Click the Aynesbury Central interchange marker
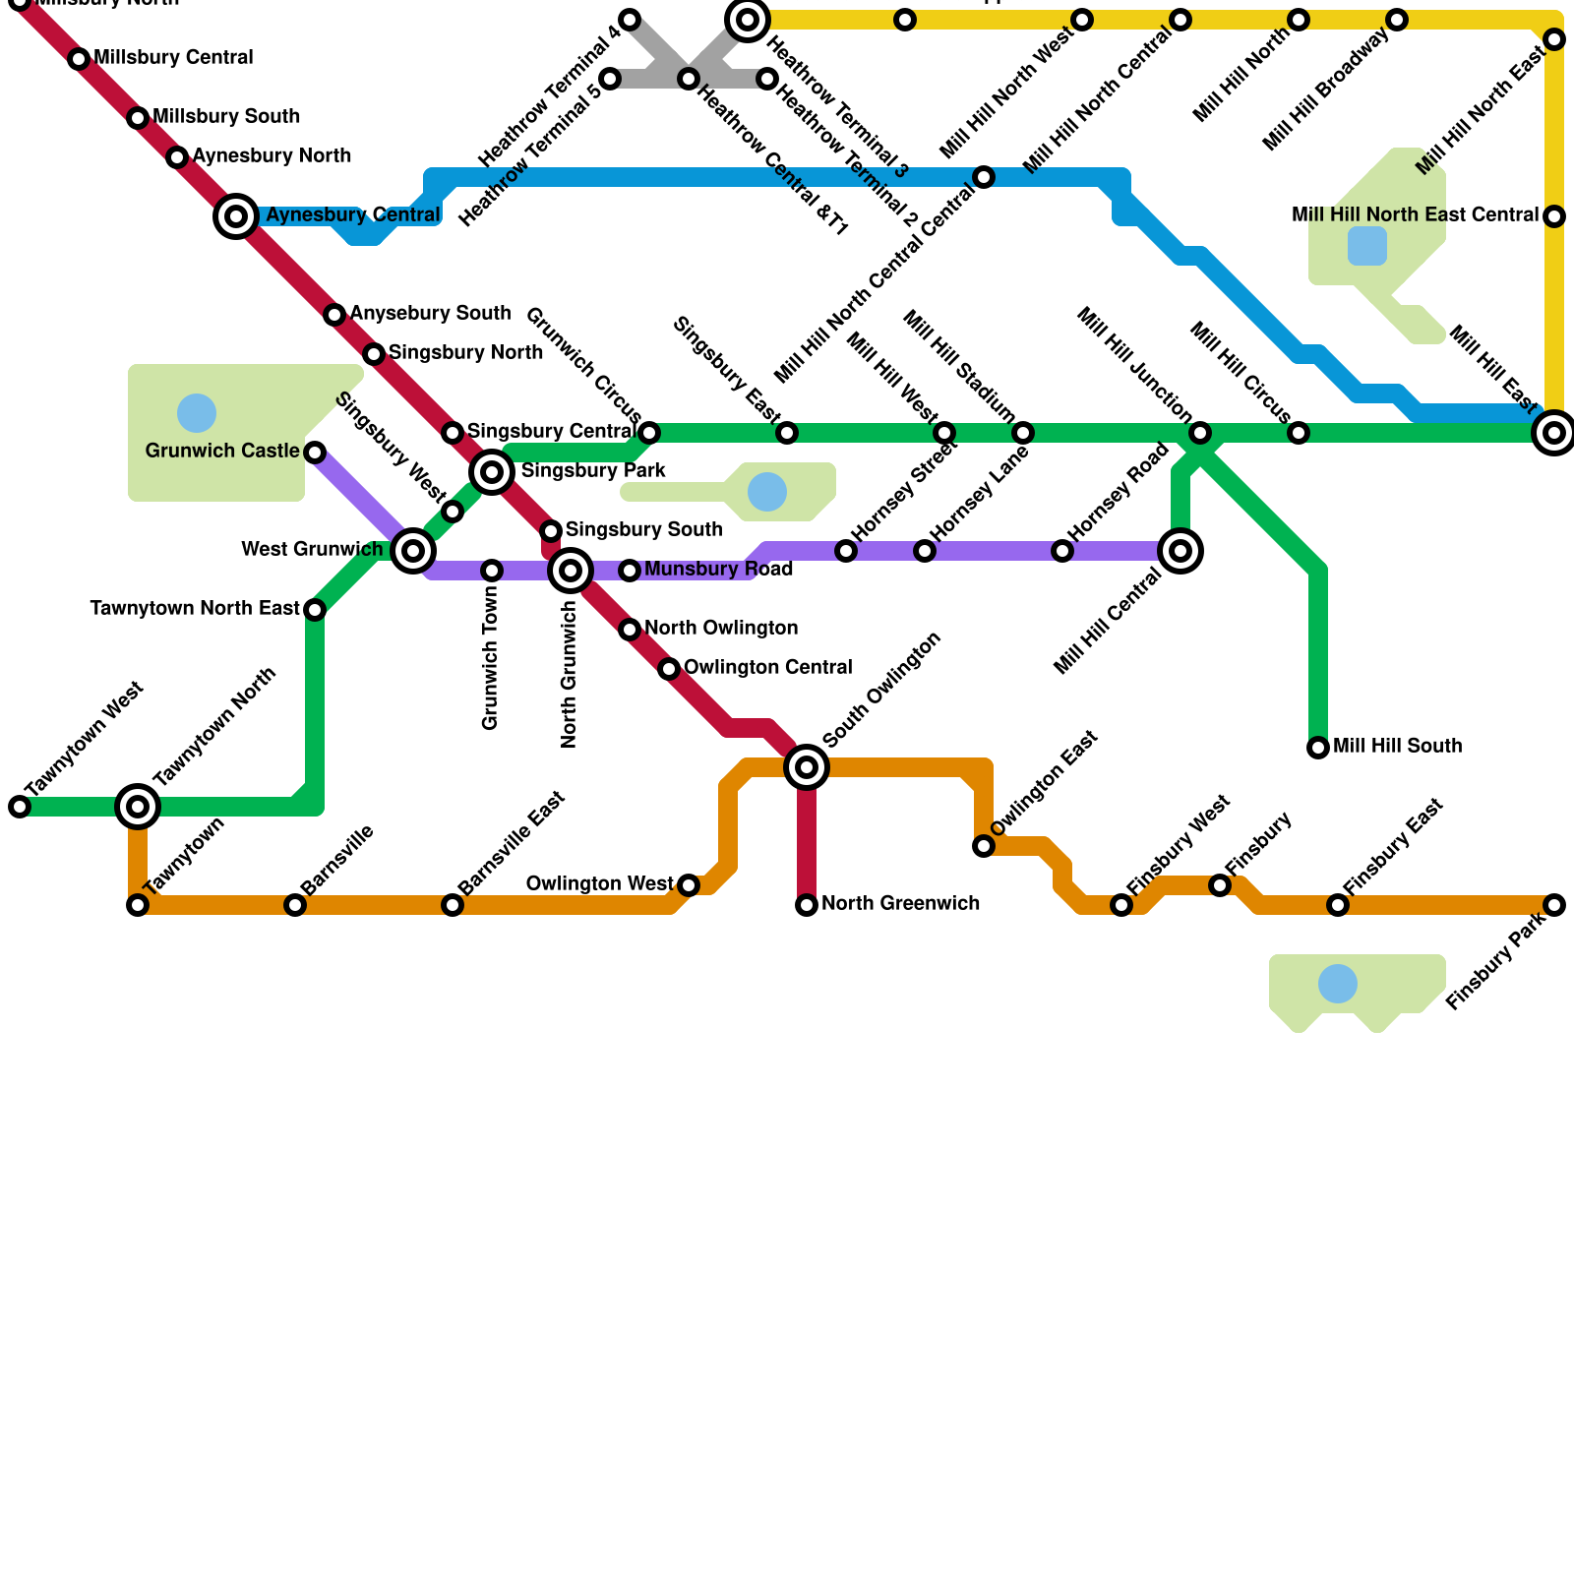pyautogui.click(x=236, y=216)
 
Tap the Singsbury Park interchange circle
pyautogui.click(x=492, y=472)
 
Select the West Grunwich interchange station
pyautogui.click(x=413, y=551)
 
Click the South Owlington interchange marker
pyautogui.click(x=807, y=767)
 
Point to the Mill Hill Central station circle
pyautogui.click(x=1180, y=551)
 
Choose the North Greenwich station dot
pyautogui.click(x=807, y=905)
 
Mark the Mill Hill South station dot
pyautogui.click(x=1318, y=748)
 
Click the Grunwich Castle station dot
pyautogui.click(x=315, y=453)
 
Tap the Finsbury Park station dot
pyautogui.click(x=1554, y=905)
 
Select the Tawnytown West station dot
pyautogui.click(x=20, y=807)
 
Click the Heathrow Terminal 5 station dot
pyautogui.click(x=610, y=79)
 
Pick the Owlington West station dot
pyautogui.click(x=689, y=885)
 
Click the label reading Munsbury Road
pyautogui.click(x=718, y=570)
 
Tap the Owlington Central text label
pyautogui.click(x=767, y=668)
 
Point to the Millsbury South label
pyautogui.click(x=226, y=117)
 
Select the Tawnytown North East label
pyautogui.click(x=195, y=609)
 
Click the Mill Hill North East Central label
pyautogui.click(x=1415, y=215)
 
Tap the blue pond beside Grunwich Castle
pyautogui.click(x=197, y=413)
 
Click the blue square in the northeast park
pyautogui.click(x=1367, y=246)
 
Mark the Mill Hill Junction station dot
pyautogui.click(x=1200, y=433)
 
